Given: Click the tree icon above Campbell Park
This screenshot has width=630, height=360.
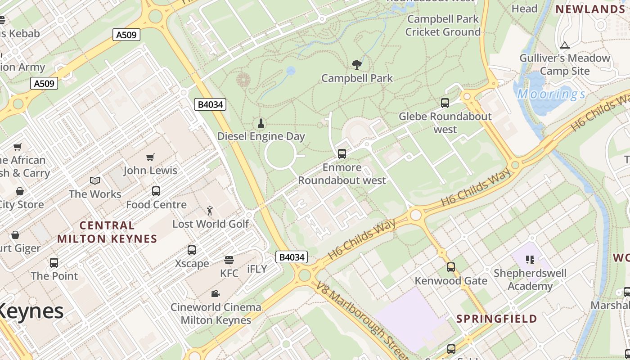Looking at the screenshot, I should (357, 65).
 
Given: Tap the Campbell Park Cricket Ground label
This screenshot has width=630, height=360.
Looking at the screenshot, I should (443, 26).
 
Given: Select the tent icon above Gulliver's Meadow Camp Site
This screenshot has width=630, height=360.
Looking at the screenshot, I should (564, 45).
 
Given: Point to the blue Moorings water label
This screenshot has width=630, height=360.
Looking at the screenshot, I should (551, 94).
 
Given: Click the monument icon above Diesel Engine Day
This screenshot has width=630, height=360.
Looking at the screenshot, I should (261, 123).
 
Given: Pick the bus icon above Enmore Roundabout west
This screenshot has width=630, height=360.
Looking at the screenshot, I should (342, 154).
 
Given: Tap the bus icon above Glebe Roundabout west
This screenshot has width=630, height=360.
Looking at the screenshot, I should (445, 103).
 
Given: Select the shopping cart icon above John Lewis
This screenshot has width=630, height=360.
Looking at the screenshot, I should (150, 157).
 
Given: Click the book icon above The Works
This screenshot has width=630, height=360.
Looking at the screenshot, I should (95, 180).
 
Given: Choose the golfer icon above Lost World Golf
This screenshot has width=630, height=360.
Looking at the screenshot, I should (210, 210).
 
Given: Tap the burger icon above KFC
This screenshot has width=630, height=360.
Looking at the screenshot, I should (229, 260).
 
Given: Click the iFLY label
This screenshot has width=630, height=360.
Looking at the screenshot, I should (257, 269).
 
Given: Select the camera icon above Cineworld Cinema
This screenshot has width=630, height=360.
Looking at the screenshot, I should (216, 293).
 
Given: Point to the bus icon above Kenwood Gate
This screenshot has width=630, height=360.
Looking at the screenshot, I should (451, 267).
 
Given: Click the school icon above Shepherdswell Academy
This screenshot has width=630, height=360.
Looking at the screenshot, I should (530, 259).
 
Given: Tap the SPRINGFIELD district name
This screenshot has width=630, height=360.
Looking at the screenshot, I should (497, 319).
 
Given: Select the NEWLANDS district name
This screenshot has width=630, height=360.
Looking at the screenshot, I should (590, 9).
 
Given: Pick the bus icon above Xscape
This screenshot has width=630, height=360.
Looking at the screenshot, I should (192, 250).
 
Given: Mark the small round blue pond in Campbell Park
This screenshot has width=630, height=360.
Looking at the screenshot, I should (291, 71).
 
